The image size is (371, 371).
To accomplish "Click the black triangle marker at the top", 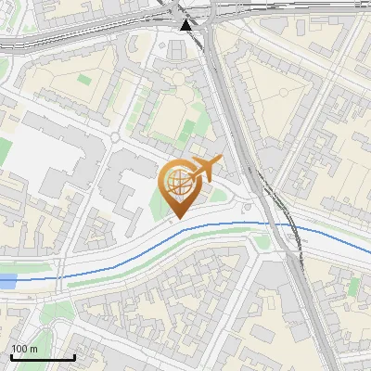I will click(187, 24).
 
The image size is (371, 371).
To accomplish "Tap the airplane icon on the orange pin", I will click(205, 169).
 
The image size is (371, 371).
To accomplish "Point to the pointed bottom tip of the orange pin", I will click(176, 219).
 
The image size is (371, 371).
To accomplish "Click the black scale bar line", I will click(43, 357).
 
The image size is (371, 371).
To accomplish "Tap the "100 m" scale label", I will click(25, 349).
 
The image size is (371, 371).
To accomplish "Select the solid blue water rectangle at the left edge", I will click(7, 279).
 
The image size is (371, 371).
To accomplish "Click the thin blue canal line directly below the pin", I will click(176, 239).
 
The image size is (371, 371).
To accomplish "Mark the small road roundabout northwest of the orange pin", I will click(114, 137).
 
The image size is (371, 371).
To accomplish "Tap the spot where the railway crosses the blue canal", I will click(289, 225).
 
